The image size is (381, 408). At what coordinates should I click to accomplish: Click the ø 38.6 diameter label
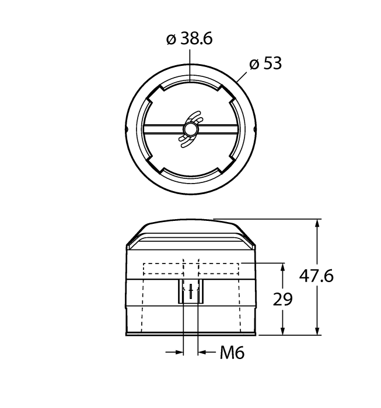pos(189,39)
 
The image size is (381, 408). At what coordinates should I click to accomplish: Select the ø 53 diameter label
pos(265,64)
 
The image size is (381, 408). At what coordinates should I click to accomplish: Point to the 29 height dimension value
pos(283,299)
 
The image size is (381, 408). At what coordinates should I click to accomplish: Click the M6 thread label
pos(232,353)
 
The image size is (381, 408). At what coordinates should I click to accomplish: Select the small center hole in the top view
pos(190,129)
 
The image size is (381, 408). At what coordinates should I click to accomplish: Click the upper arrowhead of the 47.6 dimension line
pos(318,225)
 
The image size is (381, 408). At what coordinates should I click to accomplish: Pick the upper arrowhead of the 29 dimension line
pos(284,269)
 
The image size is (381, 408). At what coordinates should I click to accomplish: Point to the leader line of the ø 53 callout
pos(242,76)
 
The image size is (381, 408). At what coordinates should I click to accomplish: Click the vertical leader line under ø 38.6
pos(190,64)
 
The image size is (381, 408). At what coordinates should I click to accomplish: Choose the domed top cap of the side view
pos(191,228)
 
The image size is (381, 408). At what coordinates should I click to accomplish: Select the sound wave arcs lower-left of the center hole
pos(184,139)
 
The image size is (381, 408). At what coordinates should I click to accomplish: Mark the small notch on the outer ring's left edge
pos(127,129)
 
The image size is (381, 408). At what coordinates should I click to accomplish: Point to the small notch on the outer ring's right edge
pos(254,129)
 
